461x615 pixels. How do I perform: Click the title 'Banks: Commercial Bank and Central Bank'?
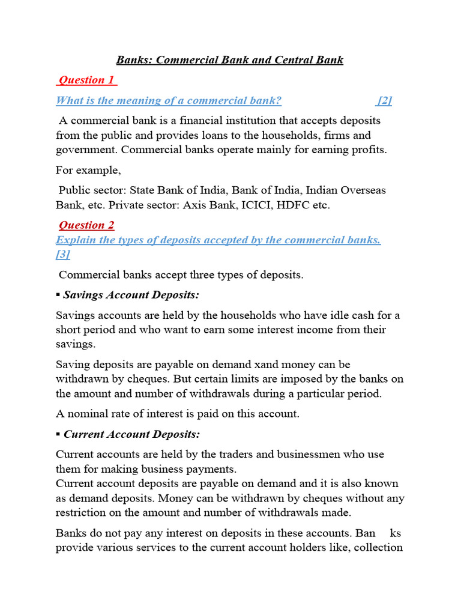[230, 59]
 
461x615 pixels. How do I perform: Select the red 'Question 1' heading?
[87, 80]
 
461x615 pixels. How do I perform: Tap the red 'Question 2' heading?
[87, 225]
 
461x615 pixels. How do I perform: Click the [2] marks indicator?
[385, 100]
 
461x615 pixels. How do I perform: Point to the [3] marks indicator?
[63, 255]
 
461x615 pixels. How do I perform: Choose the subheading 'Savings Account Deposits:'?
[131, 295]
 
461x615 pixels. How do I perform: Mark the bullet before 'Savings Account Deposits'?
[58, 295]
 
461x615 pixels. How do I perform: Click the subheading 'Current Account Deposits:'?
[132, 434]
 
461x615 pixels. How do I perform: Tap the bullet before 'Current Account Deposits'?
[58, 434]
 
